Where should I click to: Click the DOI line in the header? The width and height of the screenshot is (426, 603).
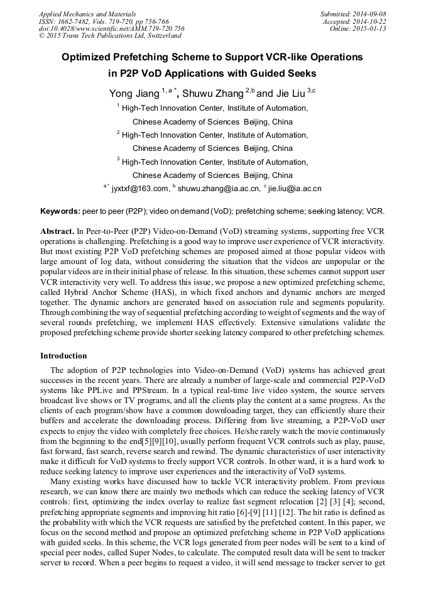(112, 28)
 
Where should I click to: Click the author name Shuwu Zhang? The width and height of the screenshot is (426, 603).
(213, 94)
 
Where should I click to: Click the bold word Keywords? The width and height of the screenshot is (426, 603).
(60, 211)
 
